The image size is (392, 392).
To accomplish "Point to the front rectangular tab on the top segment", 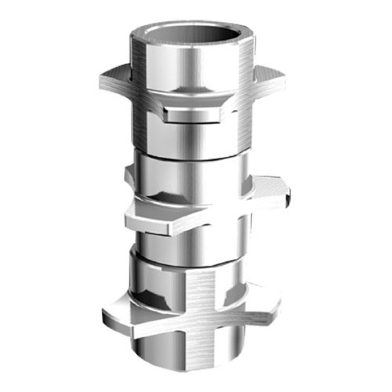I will click(191, 116).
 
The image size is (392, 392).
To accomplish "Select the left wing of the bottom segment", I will click(118, 314).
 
